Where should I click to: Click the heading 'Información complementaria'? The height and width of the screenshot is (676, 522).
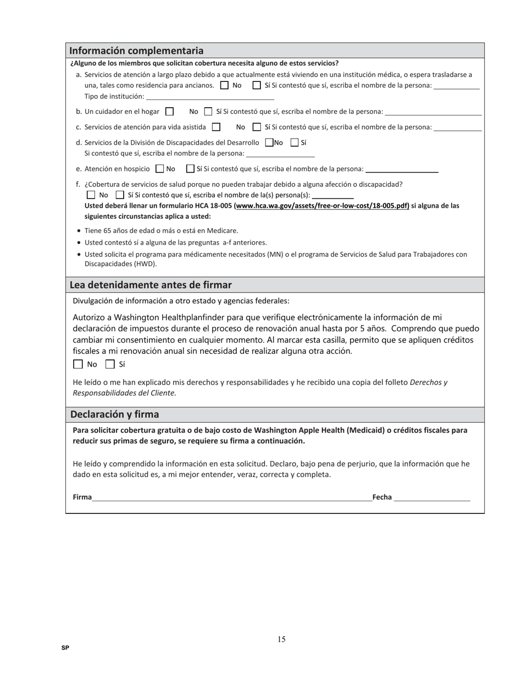pyautogui.click(x=136, y=51)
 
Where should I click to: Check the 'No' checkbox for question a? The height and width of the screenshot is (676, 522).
pyautogui.click(x=224, y=85)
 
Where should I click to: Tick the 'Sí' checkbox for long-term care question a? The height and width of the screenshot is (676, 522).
pyautogui.click(x=257, y=85)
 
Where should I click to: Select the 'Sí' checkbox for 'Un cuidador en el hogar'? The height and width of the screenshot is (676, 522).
pyautogui.click(x=208, y=112)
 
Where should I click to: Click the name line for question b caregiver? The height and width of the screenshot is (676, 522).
pyautogui.click(x=433, y=112)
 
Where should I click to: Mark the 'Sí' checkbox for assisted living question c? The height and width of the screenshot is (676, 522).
pyautogui.click(x=257, y=127)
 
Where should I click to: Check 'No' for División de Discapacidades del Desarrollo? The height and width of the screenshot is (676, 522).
pyautogui.click(x=269, y=142)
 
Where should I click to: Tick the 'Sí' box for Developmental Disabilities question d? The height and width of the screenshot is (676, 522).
pyautogui.click(x=295, y=142)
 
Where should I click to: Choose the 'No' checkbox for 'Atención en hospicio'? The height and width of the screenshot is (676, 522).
pyautogui.click(x=160, y=169)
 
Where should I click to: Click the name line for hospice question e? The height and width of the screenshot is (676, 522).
pyautogui.click(x=402, y=169)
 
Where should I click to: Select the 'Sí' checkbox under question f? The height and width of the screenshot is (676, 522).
pyautogui.click(x=120, y=195)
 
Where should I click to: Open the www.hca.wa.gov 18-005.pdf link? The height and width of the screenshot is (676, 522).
pyautogui.click(x=322, y=206)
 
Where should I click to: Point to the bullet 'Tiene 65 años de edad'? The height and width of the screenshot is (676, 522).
pyautogui.click(x=161, y=230)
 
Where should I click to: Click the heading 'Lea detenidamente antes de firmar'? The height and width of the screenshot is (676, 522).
pyautogui.click(x=151, y=285)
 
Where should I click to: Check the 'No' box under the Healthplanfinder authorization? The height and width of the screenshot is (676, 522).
pyautogui.click(x=78, y=364)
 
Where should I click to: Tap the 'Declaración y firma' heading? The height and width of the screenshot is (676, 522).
pyautogui.click(x=114, y=414)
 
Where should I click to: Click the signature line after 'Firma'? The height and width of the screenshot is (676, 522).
pyautogui.click(x=232, y=497)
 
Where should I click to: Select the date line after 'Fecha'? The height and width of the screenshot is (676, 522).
pyautogui.click(x=432, y=497)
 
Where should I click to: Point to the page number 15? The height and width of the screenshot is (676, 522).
pyautogui.click(x=281, y=639)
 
